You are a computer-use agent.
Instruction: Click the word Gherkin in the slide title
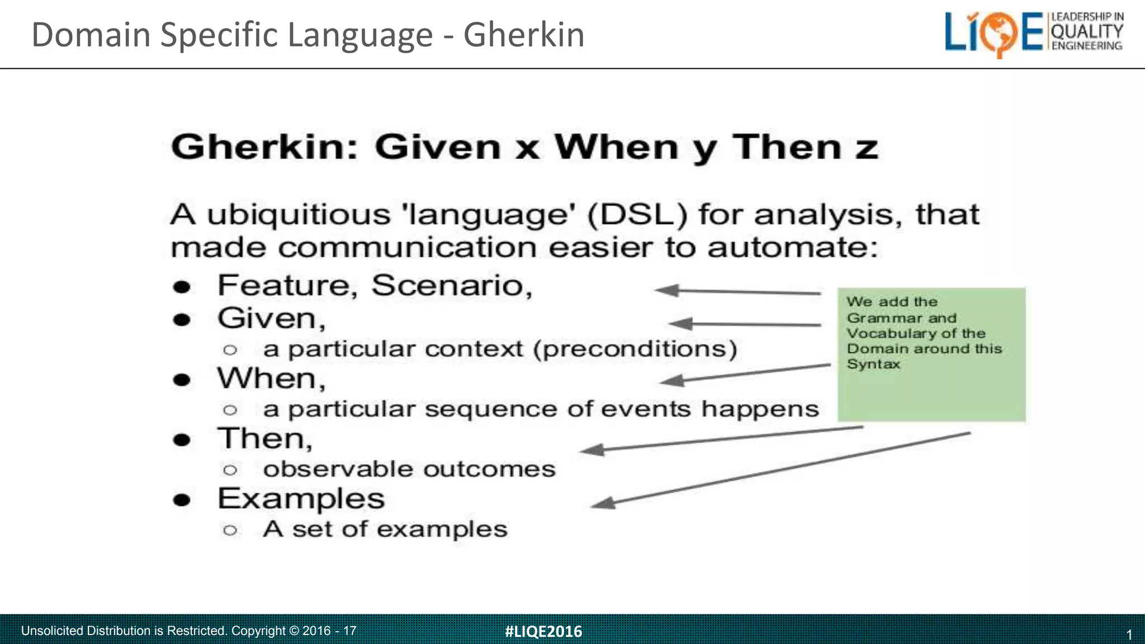pyautogui.click(x=524, y=35)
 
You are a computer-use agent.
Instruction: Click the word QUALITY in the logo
pyautogui.click(x=1087, y=31)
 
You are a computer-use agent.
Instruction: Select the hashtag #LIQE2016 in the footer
pyautogui.click(x=543, y=631)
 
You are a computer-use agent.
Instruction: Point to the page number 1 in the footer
pyautogui.click(x=1129, y=634)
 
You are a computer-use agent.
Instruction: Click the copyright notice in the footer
pyautogui.click(x=188, y=631)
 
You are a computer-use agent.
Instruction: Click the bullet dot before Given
pyautogui.click(x=182, y=320)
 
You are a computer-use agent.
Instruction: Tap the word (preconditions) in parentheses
pyautogui.click(x=635, y=349)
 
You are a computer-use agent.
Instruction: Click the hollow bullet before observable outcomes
pyautogui.click(x=230, y=470)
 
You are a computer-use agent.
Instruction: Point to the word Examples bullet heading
pyautogui.click(x=301, y=498)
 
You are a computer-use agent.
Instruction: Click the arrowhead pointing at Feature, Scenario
pyautogui.click(x=666, y=290)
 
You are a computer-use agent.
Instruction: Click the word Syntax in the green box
pyautogui.click(x=873, y=364)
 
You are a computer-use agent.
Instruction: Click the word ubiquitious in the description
pyautogui.click(x=299, y=215)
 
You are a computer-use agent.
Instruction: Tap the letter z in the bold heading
pyautogui.click(x=866, y=148)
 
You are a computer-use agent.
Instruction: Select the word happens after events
pyautogui.click(x=760, y=409)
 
